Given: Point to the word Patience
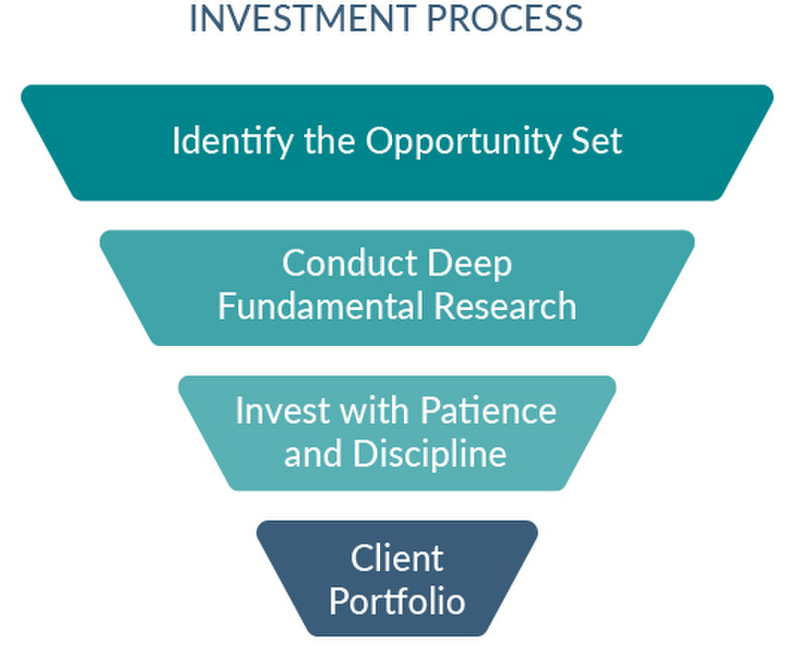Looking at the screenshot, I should pos(488,409).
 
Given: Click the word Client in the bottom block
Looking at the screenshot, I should pos(396,557).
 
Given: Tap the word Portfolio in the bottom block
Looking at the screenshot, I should pos(396,601).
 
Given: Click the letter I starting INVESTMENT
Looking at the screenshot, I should pos(194,18).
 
